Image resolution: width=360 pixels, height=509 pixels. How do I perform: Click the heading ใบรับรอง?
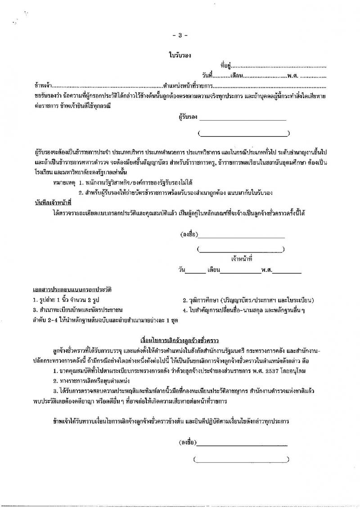(180, 56)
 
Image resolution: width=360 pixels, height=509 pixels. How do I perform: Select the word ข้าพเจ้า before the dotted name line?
(43, 85)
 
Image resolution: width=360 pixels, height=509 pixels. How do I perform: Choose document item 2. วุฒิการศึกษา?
(248, 300)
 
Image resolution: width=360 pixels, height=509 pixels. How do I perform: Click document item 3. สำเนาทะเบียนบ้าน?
(77, 310)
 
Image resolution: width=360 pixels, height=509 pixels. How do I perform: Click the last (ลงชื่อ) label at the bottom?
(187, 442)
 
